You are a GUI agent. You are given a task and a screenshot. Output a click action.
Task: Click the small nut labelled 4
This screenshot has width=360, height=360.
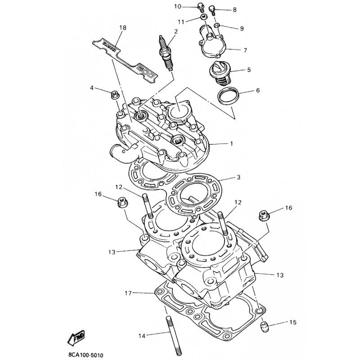tap(115, 94)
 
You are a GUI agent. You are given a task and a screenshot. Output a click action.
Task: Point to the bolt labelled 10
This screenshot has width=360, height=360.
tap(201, 7)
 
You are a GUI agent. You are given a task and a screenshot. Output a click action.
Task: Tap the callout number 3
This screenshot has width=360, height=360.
tap(239, 177)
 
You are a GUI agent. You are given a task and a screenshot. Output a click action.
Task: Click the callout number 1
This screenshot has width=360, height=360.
tap(231, 144)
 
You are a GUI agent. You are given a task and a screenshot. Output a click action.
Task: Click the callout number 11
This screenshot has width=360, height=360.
tap(181, 21)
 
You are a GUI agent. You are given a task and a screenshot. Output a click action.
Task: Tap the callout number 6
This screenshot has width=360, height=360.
tap(257, 90)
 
